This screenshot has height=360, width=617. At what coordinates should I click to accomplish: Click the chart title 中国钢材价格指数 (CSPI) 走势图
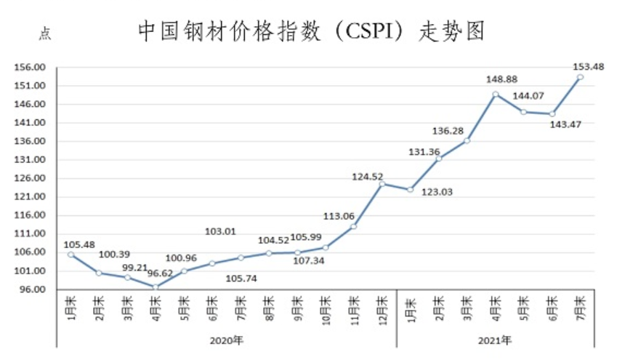pyautogui.click(x=310, y=31)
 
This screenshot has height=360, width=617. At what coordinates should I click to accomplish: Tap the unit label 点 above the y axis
pyautogui.click(x=45, y=33)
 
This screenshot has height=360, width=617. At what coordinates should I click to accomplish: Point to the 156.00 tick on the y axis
pyautogui.click(x=31, y=68)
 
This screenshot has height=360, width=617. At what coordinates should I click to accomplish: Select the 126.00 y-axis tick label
pyautogui.click(x=31, y=178)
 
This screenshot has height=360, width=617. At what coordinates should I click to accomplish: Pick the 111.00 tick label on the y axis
pyautogui.click(x=31, y=233)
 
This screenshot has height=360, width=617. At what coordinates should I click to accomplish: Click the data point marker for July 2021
pyautogui.click(x=580, y=76)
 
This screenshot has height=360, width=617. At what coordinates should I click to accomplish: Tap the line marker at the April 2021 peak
pyautogui.click(x=495, y=94)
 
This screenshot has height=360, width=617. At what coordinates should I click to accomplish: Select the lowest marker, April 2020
pyautogui.click(x=155, y=287)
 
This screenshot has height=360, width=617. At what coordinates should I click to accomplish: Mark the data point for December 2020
pyautogui.click(x=382, y=183)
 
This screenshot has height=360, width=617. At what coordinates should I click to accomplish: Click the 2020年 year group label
pyautogui.click(x=226, y=339)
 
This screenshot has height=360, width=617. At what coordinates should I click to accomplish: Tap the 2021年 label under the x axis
pyautogui.click(x=496, y=339)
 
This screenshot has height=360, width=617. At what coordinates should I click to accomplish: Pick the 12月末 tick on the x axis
pyautogui.click(x=382, y=308)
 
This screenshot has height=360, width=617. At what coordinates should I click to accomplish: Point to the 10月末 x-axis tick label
pyautogui.click(x=325, y=308)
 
